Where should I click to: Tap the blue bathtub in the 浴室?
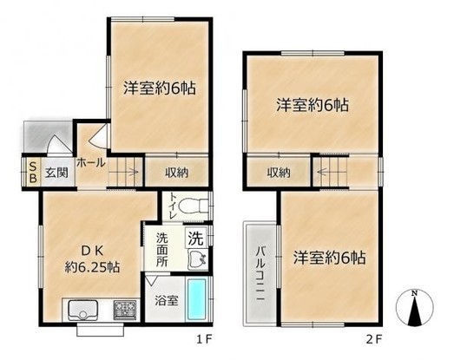[196, 299]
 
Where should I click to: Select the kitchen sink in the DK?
[82, 310]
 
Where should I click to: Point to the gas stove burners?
[125, 310]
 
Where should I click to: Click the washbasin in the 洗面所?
[198, 259]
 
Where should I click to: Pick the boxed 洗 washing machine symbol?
[195, 239]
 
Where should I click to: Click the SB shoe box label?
[34, 173]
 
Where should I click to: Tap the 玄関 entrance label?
[56, 173]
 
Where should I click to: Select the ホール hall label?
[90, 163]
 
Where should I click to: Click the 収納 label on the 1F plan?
[176, 173]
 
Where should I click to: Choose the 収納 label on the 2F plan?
[279, 173]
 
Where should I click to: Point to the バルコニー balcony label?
[260, 273]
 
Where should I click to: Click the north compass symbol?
[415, 307]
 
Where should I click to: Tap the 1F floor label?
[205, 339]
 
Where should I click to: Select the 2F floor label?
[374, 339]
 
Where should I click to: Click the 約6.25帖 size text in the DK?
[92, 267]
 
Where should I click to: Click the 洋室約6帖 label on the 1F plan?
[160, 88]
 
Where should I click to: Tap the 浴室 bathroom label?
[166, 301]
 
